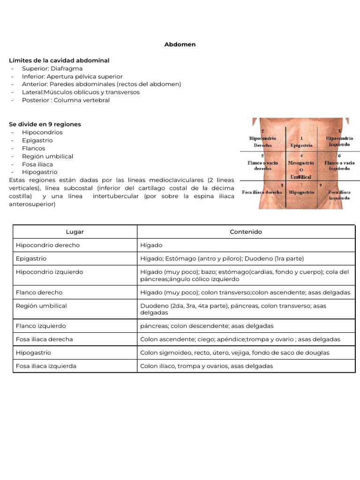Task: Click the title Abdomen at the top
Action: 180,45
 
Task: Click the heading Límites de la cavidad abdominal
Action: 59,60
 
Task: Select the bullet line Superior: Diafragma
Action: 52,68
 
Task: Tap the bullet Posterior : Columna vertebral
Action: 66,100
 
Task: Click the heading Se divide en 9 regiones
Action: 45,124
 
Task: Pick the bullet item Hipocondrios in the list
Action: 42,132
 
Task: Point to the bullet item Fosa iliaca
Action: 37,164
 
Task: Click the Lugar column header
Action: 75,232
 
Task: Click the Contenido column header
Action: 246,232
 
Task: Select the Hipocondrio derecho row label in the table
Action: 48,245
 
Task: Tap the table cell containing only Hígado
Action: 151,245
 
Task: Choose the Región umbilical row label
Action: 41,306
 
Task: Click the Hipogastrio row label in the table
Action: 33,352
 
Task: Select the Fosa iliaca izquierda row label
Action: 46,366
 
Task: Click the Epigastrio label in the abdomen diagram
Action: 301,145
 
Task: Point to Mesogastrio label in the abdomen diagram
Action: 301,163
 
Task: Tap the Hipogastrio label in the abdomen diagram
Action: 301,192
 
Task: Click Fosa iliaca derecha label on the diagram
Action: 262,192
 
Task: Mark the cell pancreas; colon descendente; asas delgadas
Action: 207,326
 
